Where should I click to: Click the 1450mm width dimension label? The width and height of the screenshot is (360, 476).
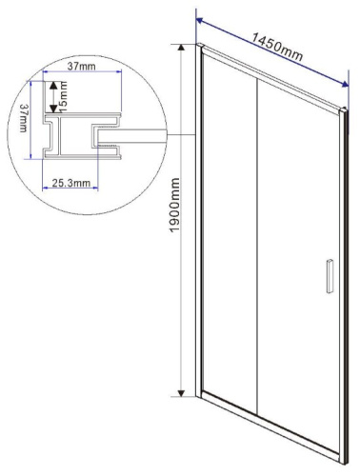278,45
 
